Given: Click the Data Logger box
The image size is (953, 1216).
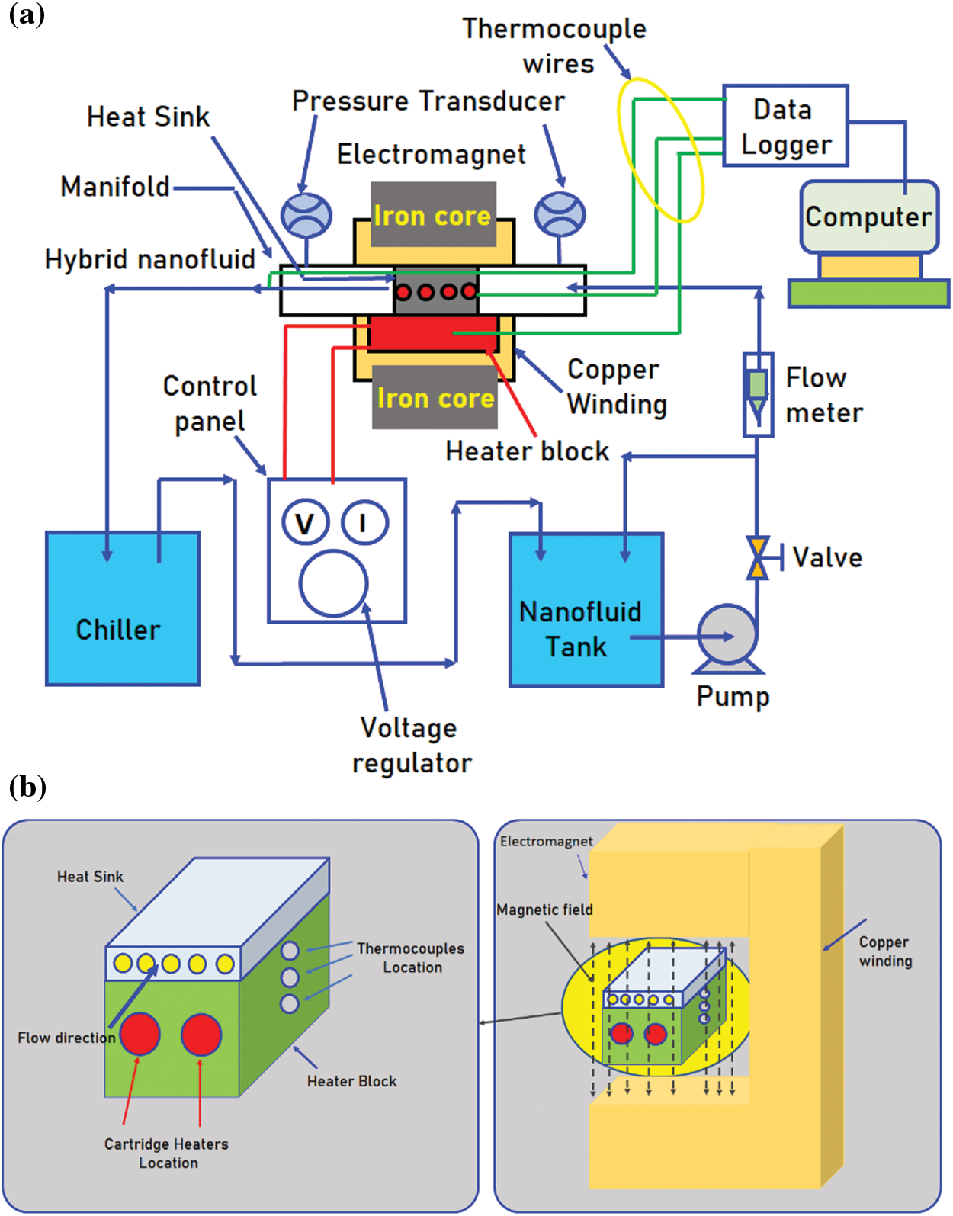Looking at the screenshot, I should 785,126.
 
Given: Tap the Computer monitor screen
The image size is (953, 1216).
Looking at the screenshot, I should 868,217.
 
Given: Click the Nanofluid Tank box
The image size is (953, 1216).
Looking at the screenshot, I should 586,610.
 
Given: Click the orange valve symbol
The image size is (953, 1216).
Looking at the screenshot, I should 757,558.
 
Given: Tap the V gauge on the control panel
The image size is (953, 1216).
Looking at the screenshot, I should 305,523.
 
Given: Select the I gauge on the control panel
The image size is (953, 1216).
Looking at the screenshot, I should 364,522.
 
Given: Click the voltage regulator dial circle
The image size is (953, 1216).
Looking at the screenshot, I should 333,583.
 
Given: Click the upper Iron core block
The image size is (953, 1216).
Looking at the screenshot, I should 433,214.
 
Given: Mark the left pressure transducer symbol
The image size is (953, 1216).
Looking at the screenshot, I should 306,215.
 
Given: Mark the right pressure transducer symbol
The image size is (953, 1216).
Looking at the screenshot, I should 560,214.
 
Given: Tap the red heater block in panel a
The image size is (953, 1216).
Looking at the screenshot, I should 432,333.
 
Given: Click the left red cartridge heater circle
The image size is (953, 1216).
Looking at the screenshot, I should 140,1035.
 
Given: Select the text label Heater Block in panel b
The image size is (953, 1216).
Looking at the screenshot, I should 351,1081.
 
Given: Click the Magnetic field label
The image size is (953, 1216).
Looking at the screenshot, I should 544,910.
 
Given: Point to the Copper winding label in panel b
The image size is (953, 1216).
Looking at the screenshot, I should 885,951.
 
